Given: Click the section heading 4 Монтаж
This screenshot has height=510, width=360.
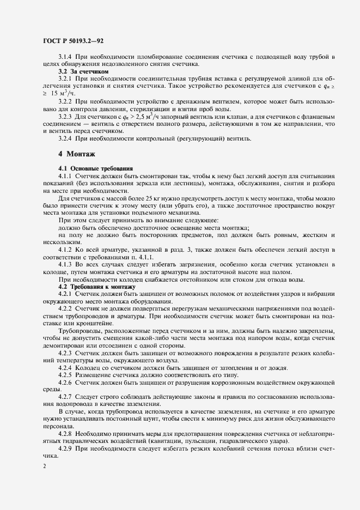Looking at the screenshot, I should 76,154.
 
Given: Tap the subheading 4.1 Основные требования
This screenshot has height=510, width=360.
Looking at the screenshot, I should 92,169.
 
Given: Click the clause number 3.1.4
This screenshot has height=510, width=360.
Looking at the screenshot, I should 65,57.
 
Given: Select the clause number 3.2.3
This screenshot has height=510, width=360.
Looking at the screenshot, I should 65,117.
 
